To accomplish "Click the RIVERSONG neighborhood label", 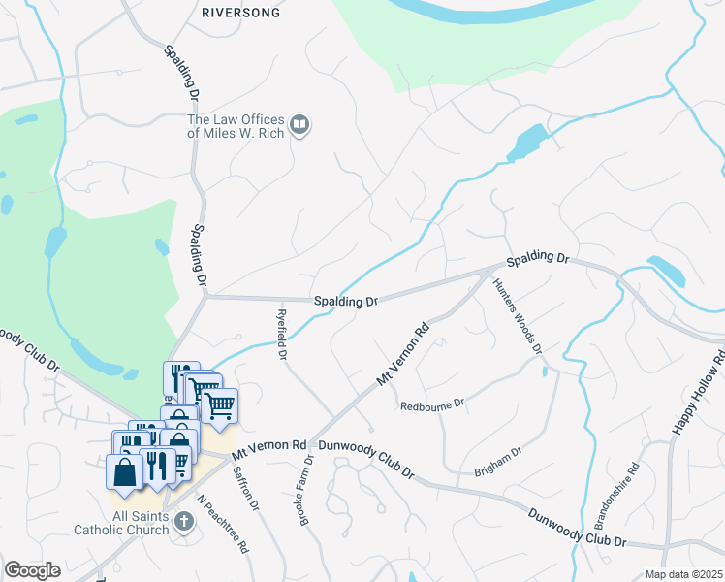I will [x=240, y=14].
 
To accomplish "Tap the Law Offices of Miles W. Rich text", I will [x=236, y=126].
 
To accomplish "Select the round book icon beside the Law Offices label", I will [x=300, y=125].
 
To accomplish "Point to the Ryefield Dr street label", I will [x=281, y=335].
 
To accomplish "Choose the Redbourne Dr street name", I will [x=432, y=404].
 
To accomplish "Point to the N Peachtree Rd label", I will [x=223, y=523].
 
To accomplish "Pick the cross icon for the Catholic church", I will [x=184, y=522].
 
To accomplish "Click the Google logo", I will [x=32, y=570].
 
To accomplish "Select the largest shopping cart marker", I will [x=219, y=405].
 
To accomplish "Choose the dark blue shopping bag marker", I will [x=125, y=472].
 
